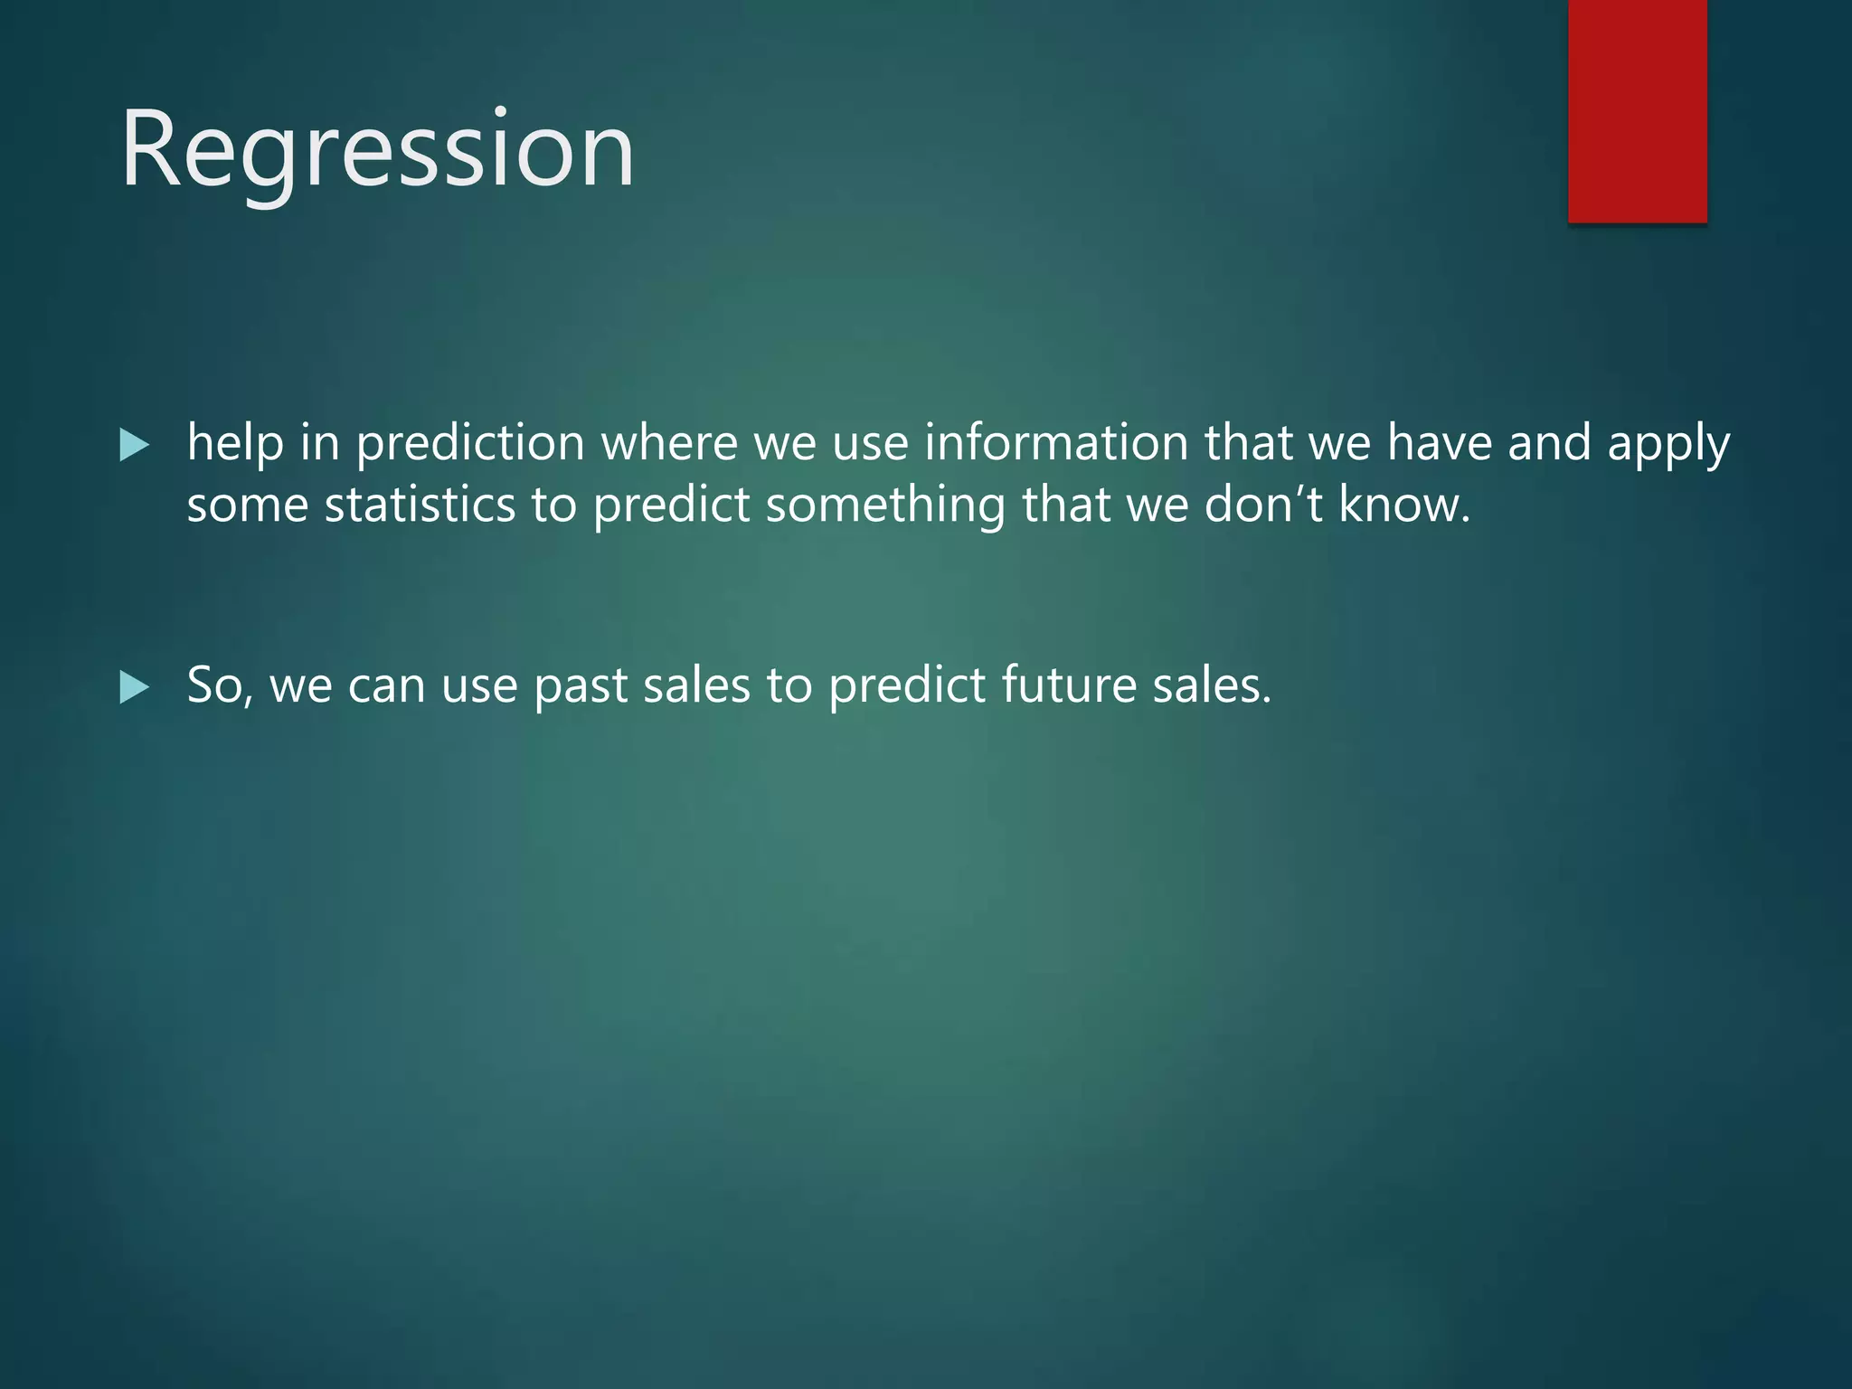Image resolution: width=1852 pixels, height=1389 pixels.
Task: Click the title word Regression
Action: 378,150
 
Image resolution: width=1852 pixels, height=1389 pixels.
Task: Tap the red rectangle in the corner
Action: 1637,110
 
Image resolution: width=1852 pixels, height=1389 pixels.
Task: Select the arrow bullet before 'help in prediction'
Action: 134,445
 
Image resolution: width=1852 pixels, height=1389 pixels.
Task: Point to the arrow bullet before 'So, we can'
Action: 134,687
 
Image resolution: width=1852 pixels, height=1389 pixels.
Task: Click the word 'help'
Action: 235,443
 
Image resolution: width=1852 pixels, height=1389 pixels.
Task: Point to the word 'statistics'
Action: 420,505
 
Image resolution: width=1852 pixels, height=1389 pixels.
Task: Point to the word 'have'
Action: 1440,443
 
